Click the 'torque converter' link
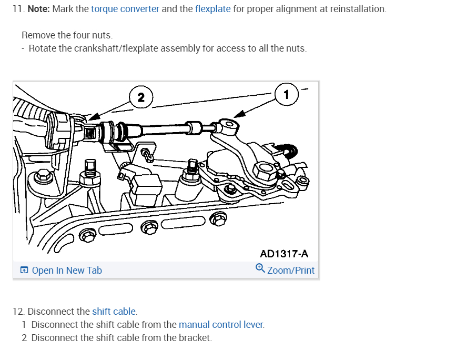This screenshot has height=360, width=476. (125, 9)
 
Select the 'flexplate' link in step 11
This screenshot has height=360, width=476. (212, 9)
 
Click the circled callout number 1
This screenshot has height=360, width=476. (286, 95)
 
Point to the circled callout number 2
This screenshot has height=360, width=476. (141, 97)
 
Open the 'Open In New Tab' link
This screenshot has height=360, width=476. (67, 271)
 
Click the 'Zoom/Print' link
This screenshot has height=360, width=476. (290, 271)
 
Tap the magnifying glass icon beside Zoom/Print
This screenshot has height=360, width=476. (260, 268)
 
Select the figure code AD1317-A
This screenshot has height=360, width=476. (284, 254)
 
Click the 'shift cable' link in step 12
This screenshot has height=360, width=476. (114, 312)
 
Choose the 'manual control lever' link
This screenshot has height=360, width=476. (220, 325)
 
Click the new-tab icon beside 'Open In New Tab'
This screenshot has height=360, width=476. (24, 271)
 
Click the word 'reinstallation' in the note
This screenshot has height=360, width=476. (357, 9)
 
